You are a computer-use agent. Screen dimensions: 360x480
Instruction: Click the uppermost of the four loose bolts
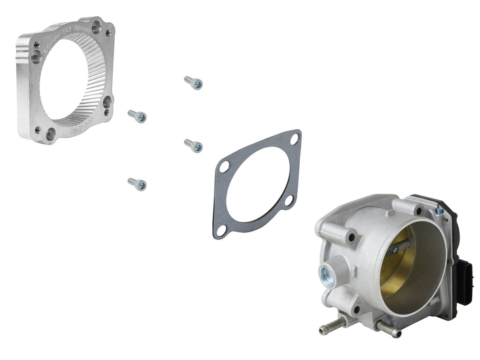193,83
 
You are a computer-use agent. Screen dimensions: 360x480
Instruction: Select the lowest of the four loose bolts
137,184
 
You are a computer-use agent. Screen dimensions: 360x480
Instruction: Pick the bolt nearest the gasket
193,145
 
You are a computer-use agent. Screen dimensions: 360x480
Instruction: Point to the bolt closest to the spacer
137,116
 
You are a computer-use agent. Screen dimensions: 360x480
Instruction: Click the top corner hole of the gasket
294,139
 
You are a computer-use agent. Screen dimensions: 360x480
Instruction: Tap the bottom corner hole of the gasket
221,230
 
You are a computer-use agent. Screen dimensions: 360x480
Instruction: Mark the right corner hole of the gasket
289,200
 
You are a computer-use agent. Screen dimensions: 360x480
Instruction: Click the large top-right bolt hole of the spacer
96,27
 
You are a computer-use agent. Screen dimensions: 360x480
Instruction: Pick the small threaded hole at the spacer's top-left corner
37,44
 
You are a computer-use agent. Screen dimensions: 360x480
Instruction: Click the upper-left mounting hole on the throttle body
350,238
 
